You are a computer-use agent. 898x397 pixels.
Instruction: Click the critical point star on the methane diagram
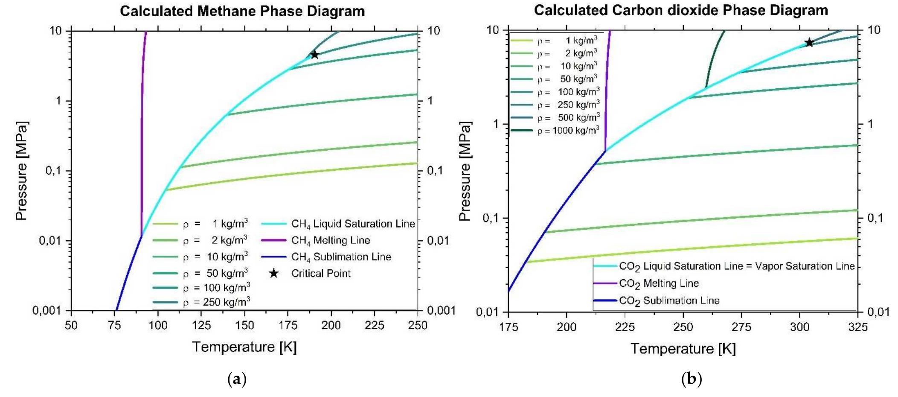click(315, 55)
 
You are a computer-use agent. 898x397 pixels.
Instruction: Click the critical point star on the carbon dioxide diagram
click(809, 42)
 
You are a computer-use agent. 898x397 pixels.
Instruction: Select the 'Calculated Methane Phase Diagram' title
click(242, 11)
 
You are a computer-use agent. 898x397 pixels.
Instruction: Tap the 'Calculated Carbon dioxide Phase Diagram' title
click(681, 10)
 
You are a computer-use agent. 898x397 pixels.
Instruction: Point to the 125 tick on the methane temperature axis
click(201, 326)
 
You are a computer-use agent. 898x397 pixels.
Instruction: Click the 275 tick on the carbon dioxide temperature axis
click(741, 327)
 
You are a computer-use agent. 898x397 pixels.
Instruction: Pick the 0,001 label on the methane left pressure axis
click(47, 310)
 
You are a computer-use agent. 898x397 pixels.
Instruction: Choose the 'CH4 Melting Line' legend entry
click(330, 240)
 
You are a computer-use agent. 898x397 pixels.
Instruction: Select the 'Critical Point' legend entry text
click(321, 274)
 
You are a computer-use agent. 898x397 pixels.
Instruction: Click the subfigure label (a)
click(237, 379)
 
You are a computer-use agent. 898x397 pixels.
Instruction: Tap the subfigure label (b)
click(691, 379)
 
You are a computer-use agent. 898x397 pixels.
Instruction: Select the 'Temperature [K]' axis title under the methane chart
click(244, 347)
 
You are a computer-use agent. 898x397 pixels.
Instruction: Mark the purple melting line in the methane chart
click(142, 128)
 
